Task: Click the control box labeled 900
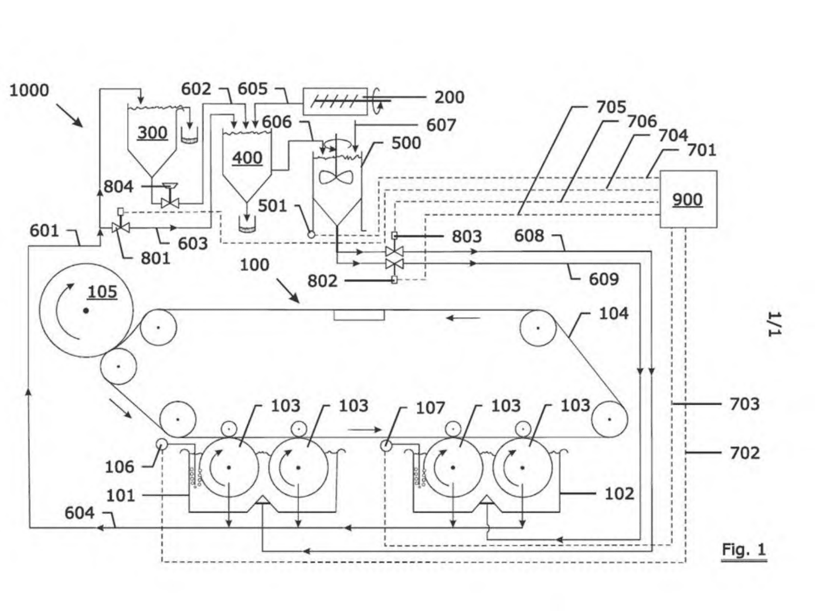(688, 199)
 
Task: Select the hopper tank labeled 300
(152, 141)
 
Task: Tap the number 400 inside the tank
(247, 158)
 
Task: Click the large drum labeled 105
(86, 311)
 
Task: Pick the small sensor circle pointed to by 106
(161, 444)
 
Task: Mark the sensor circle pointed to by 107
(386, 445)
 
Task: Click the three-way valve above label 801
(120, 227)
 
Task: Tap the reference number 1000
(29, 91)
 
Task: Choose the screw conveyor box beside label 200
(335, 101)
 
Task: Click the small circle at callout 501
(311, 235)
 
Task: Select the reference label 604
(79, 513)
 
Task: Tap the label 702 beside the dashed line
(745, 453)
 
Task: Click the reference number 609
(604, 279)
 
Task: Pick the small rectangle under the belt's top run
(359, 315)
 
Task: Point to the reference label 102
(619, 494)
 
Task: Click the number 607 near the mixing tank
(441, 125)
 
